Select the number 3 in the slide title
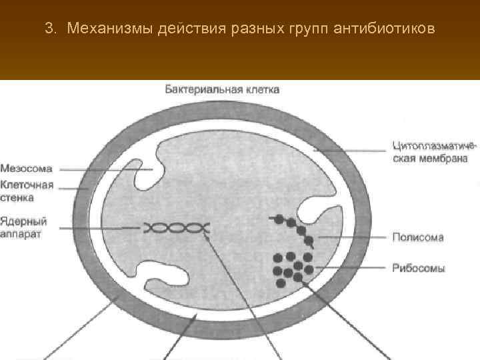click(x=48, y=29)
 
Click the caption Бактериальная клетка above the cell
click(x=222, y=89)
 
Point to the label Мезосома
click(x=27, y=169)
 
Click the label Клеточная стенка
click(x=27, y=191)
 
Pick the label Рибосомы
click(x=419, y=268)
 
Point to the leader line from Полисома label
click(x=353, y=237)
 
